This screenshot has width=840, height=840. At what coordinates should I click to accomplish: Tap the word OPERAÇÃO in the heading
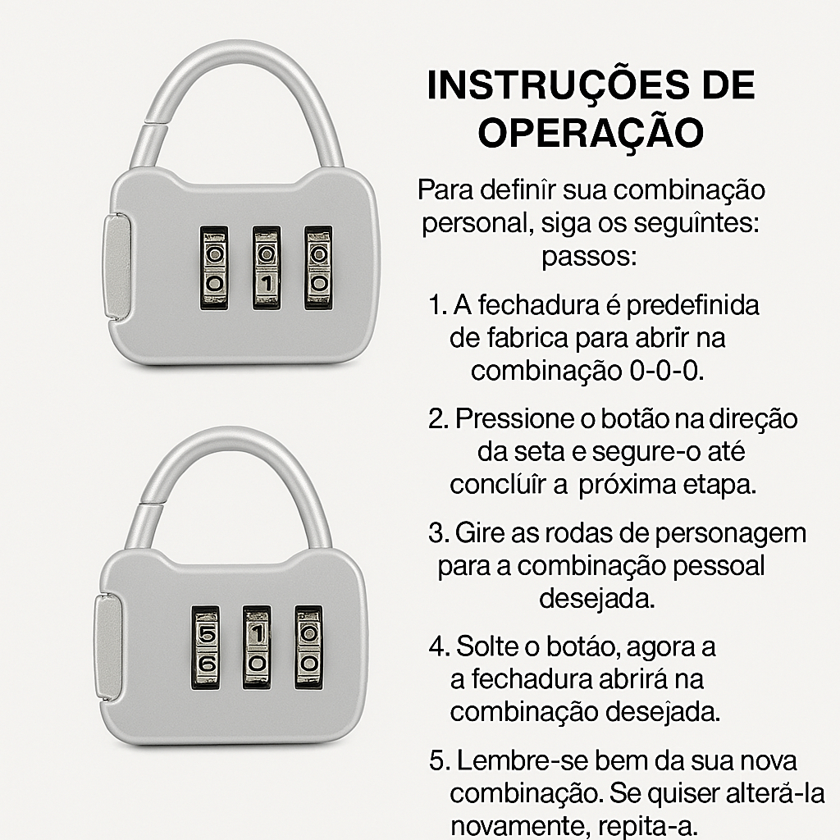click(x=591, y=132)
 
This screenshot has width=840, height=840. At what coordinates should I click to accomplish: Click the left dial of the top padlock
click(x=214, y=268)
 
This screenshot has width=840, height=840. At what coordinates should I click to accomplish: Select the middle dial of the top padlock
click(x=267, y=268)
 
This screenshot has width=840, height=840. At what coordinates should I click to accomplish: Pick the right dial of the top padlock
click(x=319, y=268)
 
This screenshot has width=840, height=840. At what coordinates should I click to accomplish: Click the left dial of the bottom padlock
click(x=206, y=647)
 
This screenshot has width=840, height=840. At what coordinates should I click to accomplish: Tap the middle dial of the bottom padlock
click(x=257, y=647)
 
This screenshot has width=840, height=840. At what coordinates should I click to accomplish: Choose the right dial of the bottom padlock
click(x=308, y=647)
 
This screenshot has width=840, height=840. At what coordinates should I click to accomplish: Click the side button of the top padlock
click(x=116, y=267)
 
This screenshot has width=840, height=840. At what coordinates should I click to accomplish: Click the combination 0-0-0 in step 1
click(x=666, y=372)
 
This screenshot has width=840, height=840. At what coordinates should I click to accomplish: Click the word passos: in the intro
click(x=589, y=258)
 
